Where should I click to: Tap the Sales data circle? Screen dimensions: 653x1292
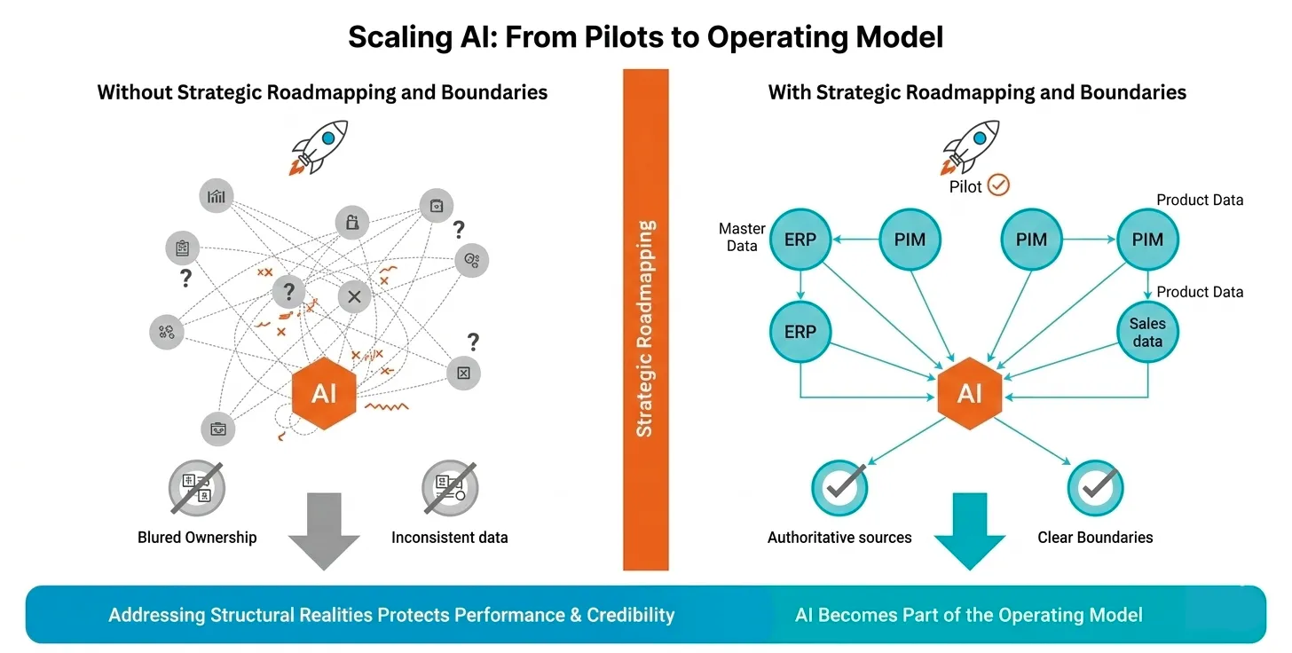(x=1147, y=333)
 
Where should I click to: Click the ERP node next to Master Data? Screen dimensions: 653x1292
(x=800, y=240)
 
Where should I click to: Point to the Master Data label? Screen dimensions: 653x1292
(x=742, y=237)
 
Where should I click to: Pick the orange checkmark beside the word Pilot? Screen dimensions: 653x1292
(x=999, y=185)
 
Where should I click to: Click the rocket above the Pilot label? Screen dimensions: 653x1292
(x=970, y=146)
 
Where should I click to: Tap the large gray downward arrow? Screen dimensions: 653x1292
(x=324, y=531)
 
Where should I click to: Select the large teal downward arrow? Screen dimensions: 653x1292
(x=970, y=531)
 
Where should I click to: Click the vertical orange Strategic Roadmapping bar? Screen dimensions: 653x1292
(x=645, y=319)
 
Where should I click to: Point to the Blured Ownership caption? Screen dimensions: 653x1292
(x=197, y=537)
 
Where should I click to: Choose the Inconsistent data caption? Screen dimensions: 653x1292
(x=450, y=537)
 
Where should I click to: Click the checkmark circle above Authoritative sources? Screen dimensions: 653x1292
(x=839, y=487)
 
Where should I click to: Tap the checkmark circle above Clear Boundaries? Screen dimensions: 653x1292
(x=1095, y=487)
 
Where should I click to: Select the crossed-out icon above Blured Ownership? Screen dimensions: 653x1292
(x=196, y=487)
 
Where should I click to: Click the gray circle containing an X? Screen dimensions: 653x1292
(x=354, y=296)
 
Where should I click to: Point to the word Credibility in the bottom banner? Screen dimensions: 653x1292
(x=630, y=615)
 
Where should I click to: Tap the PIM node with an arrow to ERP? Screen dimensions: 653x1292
(x=909, y=240)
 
